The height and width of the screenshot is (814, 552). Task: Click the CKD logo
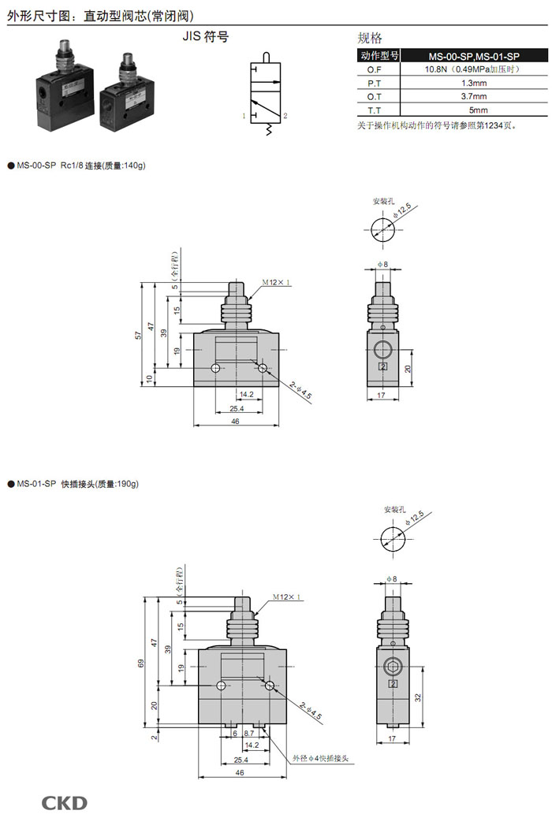click(64, 803)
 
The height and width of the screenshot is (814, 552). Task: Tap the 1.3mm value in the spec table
click(474, 83)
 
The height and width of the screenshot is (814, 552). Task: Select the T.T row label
click(374, 110)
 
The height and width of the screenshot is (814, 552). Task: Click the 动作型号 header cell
click(379, 55)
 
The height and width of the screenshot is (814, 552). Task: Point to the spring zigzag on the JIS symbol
click(269, 129)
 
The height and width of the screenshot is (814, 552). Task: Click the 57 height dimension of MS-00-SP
click(138, 336)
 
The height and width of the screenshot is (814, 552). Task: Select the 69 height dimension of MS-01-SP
click(140, 663)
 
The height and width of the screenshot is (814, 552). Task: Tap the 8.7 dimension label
click(248, 734)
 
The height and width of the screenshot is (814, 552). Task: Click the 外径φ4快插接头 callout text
click(320, 759)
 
